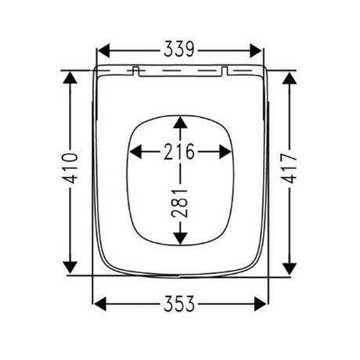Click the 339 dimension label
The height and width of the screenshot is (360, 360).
[x=179, y=49]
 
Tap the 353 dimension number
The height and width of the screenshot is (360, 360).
[x=179, y=304]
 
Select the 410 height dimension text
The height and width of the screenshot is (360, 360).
[x=70, y=168]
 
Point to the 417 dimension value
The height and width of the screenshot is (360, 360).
[x=289, y=168]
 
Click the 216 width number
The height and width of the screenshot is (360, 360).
[x=179, y=151]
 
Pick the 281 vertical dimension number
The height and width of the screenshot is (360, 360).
[x=180, y=203]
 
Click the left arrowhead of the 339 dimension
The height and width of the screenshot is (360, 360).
[x=103, y=51]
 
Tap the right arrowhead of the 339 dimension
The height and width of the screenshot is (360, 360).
[x=256, y=51]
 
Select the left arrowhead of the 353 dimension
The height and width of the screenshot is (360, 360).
[x=100, y=304]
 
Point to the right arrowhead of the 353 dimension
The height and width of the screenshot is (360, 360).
[x=261, y=304]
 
